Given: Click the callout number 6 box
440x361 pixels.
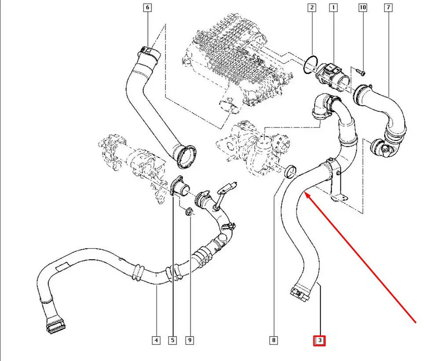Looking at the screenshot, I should (x=147, y=7).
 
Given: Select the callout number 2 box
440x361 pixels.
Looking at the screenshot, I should (x=312, y=7).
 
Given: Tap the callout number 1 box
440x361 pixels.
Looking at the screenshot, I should (x=334, y=7).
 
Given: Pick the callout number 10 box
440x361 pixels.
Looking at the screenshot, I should (x=363, y=7).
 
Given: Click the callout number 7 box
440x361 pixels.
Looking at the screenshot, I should (x=388, y=7).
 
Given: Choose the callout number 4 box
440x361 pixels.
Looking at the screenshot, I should (x=156, y=340).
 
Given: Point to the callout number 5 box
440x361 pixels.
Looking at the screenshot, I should (x=173, y=340).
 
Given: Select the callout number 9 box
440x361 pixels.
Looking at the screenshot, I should (x=190, y=340).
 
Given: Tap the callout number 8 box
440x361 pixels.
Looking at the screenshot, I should (x=274, y=340).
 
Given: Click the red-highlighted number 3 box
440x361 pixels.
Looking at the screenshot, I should (x=320, y=340).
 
